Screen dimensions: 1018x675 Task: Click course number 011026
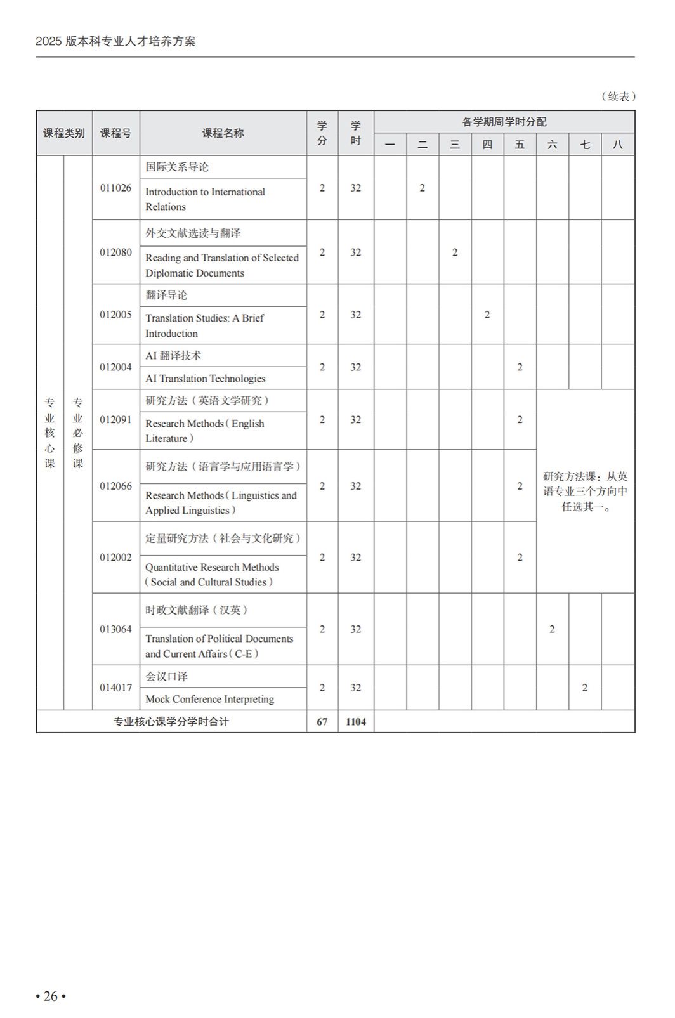pos(115,188)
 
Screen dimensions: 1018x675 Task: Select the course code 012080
pos(115,252)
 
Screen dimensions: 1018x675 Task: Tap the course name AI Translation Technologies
pos(205,379)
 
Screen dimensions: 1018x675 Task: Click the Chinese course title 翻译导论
pos(166,296)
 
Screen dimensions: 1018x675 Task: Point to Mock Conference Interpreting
pos(209,699)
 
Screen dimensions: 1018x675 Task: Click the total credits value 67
pos(322,722)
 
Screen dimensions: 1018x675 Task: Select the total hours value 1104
pos(356,722)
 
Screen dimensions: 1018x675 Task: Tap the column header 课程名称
pos(223,133)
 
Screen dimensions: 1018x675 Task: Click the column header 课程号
pos(115,133)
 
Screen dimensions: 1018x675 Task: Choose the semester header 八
pos(617,145)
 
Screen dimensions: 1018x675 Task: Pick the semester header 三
pos(455,145)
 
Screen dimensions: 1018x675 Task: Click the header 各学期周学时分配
pos(504,122)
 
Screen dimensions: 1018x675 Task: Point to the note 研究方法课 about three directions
pos(585,492)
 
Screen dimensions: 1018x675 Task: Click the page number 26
pos(51,996)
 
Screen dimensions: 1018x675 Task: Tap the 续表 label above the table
pos(618,96)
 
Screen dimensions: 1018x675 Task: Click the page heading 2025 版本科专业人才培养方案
pos(115,42)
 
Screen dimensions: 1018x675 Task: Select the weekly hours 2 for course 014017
pos(584,688)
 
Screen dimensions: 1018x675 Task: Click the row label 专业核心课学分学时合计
pos(171,722)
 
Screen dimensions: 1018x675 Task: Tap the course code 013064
pos(115,629)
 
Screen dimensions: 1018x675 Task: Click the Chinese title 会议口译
pos(166,676)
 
